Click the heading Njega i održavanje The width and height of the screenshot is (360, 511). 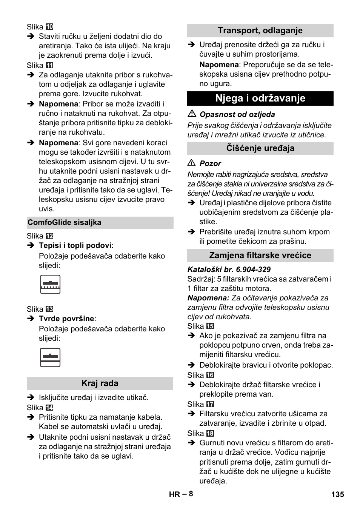[260, 99]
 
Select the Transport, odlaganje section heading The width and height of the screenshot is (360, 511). [260, 31]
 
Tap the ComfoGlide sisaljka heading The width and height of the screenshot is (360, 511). [64, 222]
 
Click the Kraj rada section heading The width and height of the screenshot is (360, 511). [100, 383]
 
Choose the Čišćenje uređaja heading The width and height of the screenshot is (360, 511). [260, 148]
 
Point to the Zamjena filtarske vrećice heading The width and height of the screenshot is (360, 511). [260, 255]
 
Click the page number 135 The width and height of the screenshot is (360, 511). [338, 494]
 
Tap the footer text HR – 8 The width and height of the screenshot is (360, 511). [181, 494]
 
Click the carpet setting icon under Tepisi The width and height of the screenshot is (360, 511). [50, 285]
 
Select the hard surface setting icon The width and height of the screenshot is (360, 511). [50, 357]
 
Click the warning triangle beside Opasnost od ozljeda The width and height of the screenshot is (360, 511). [192, 114]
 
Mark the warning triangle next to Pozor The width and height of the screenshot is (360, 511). [192, 163]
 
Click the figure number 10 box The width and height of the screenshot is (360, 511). [50, 27]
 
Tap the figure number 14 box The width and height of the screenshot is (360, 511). [50, 408]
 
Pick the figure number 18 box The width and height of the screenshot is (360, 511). [211, 434]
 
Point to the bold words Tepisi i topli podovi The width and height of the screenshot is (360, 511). [75, 246]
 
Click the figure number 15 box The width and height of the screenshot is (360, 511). [211, 326]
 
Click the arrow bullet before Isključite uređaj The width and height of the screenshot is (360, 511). [31, 397]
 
